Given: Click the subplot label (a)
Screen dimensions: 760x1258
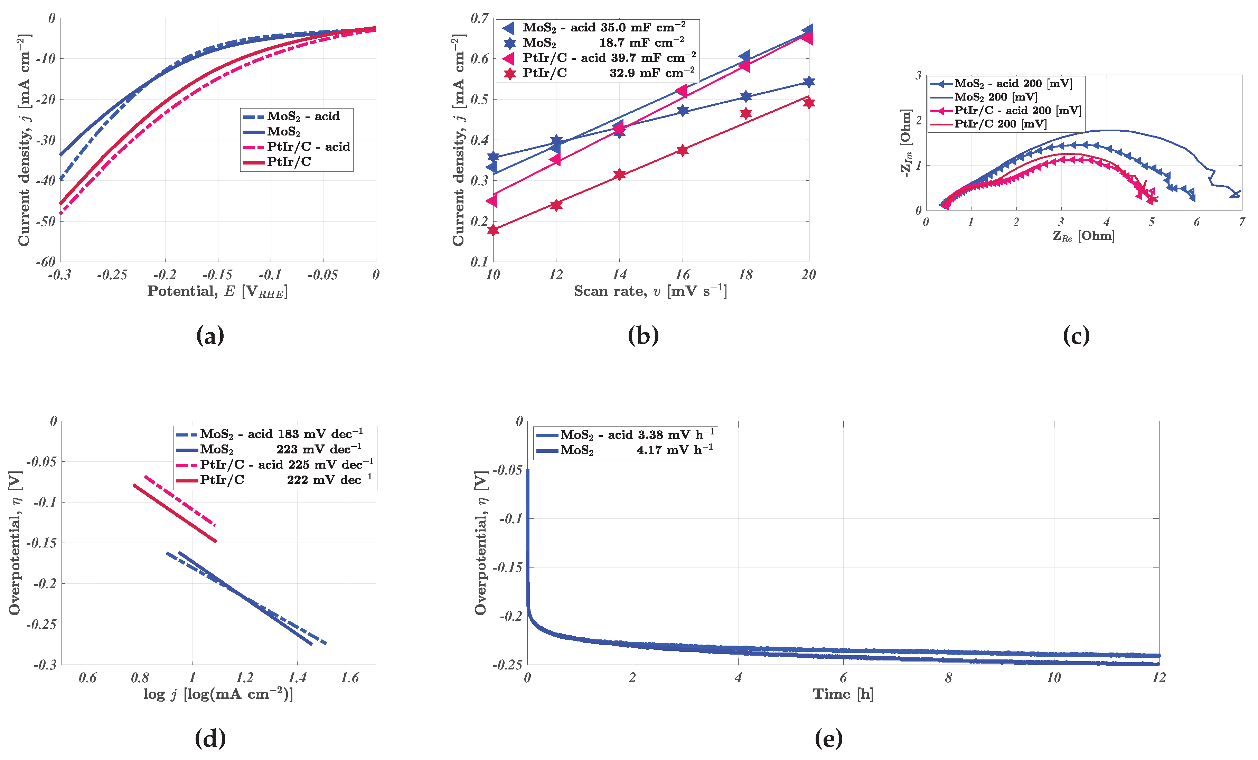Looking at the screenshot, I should (210, 336).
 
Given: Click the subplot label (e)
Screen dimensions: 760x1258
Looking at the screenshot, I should (828, 739).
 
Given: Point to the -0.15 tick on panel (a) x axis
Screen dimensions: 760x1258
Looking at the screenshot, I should (217, 275).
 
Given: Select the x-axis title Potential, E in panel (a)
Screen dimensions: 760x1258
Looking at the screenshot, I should (217, 291).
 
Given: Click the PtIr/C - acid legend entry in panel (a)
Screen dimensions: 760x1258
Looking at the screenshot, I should (308, 147).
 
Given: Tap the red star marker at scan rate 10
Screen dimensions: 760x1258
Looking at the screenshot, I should (493, 230).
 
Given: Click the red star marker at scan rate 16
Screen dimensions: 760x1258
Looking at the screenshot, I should (683, 150).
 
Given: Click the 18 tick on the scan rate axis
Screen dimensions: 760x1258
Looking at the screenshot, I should (745, 275).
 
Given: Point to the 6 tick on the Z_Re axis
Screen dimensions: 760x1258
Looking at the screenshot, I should (1196, 222).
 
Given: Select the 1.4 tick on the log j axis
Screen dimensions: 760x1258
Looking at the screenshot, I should (297, 678).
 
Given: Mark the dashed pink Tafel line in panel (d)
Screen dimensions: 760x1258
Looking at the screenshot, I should (180, 500).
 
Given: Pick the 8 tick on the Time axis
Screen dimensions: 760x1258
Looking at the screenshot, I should (948, 678).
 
